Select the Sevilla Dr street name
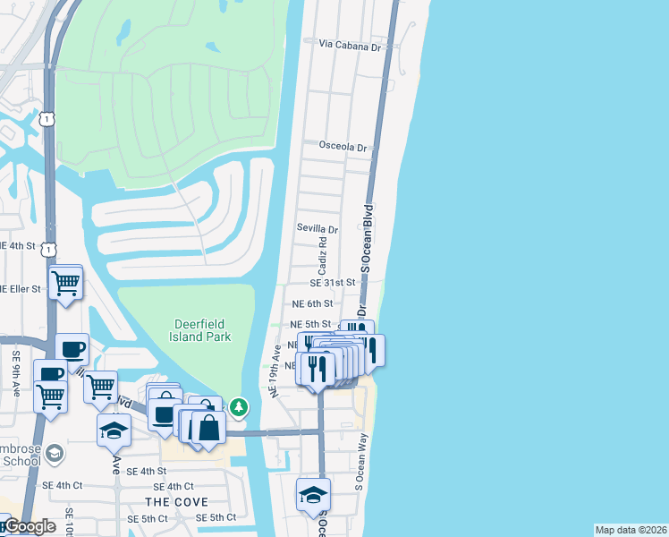318,229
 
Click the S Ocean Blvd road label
366,235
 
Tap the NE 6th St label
312,304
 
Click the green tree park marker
239,407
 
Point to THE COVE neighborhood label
177,502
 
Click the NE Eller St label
20,289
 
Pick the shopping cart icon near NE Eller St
66,283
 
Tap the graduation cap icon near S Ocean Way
313,494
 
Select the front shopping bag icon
208,427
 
